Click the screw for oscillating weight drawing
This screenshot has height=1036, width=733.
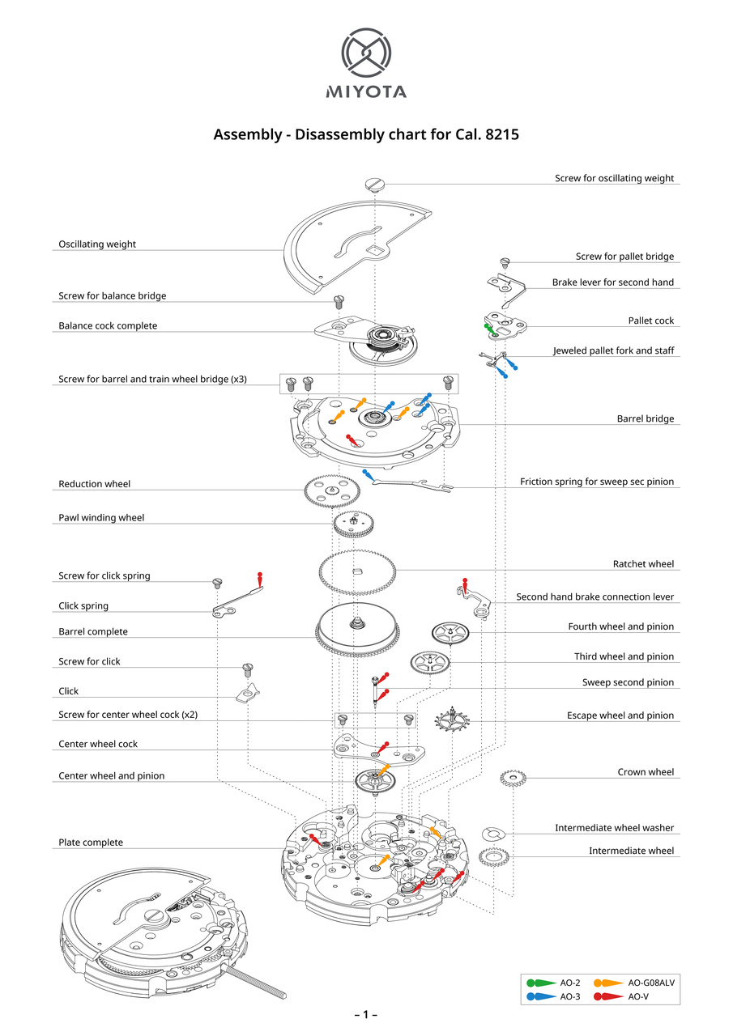373,183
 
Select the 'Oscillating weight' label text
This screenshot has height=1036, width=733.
97,244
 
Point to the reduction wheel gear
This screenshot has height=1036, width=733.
333,490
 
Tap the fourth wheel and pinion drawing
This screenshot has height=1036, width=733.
450,632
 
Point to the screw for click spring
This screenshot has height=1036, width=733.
217,582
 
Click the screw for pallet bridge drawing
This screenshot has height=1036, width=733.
505,262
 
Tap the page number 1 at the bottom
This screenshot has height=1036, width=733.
365,1015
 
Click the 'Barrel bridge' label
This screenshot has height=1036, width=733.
645,419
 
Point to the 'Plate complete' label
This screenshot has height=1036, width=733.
91,843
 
